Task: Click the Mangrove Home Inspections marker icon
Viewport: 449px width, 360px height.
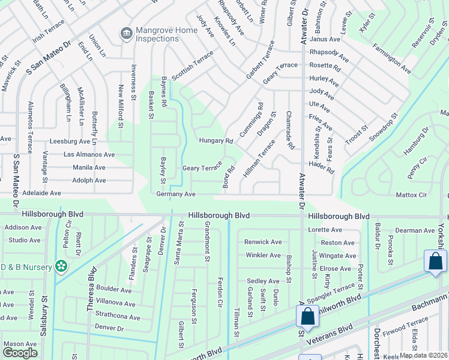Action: (126, 32)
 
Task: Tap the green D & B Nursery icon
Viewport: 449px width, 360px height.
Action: (60, 265)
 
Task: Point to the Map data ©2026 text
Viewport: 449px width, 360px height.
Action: (423, 355)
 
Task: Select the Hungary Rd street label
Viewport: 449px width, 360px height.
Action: (215, 141)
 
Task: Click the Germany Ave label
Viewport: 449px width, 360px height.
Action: (176, 194)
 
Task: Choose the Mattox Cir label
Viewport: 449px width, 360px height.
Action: (411, 195)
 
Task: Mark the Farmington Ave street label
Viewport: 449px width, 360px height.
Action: (391, 59)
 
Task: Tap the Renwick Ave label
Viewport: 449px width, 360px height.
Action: (262, 242)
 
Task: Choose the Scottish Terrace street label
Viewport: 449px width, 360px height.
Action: (192, 65)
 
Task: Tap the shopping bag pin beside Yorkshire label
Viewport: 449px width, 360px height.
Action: (435, 262)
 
